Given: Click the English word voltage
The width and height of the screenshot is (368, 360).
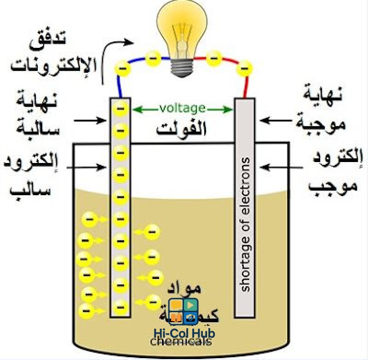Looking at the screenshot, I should [182, 109].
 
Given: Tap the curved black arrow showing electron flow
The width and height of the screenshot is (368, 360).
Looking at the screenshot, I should [113, 55].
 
